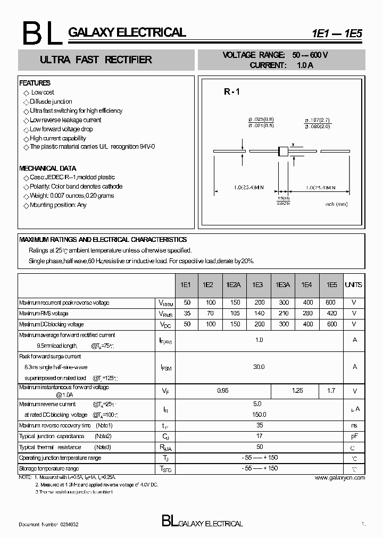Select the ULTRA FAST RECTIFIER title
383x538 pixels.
click(96, 60)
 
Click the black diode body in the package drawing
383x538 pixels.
click(284, 152)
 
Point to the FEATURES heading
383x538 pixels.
click(35, 83)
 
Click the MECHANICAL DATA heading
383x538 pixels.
click(48, 168)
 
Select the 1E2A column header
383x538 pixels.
click(233, 285)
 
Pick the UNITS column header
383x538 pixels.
click(353, 285)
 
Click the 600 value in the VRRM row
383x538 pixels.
click(332, 302)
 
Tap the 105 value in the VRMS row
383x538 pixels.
click(233, 314)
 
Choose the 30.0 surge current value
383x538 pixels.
click(259, 367)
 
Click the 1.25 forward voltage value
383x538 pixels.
click(297, 391)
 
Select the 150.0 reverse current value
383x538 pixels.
click(259, 415)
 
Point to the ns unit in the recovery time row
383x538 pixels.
click(354, 426)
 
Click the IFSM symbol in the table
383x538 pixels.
click(166, 367)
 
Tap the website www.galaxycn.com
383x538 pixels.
click(340, 477)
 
